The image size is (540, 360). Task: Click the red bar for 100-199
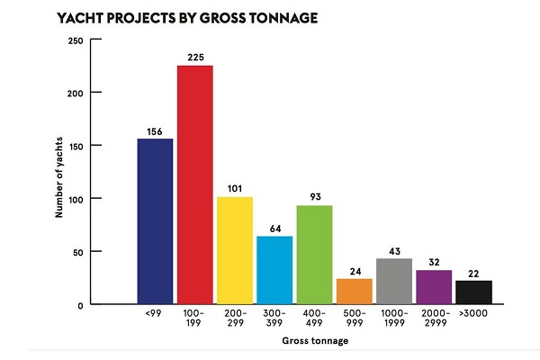pos(194,184)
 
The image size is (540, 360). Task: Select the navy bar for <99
pos(155,221)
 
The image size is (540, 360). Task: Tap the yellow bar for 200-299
pos(235,250)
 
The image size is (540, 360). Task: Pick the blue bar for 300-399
pos(274,270)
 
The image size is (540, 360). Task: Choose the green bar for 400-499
pos(314,255)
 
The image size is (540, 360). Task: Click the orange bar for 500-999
pos(354,291)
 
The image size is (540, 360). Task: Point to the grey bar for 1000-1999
pos(393,281)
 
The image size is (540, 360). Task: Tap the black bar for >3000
pos(473,292)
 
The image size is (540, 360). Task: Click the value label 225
pos(194,58)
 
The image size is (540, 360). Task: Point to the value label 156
pos(155,130)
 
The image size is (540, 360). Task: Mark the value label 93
pos(314,198)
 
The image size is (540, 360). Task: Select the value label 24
pos(354,271)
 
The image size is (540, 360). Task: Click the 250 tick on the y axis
pos(76,40)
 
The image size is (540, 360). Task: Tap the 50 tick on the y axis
pos(78,251)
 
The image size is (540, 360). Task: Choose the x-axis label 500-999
pos(354,317)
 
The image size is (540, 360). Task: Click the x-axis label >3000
pos(473,312)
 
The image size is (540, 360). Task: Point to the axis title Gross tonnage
pos(314,341)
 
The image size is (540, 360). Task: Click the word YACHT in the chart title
pos(79,17)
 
